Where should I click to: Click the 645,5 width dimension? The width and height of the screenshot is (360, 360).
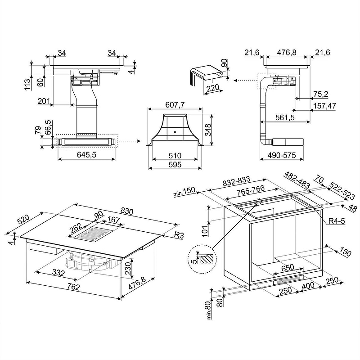[86, 155]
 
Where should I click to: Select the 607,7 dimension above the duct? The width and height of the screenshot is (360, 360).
[175, 105]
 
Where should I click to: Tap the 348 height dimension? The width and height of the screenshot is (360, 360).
[208, 130]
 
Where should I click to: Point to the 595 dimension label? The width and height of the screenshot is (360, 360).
[175, 165]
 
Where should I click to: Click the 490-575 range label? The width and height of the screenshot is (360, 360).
[282, 155]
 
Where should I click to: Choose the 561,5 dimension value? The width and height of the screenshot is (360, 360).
[285, 117]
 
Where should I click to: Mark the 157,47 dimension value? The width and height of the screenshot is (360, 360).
[324, 106]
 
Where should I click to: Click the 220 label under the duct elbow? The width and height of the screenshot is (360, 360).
[213, 88]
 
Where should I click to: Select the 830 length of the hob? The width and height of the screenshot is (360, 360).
[126, 211]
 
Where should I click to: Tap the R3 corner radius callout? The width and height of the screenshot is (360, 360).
[179, 235]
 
